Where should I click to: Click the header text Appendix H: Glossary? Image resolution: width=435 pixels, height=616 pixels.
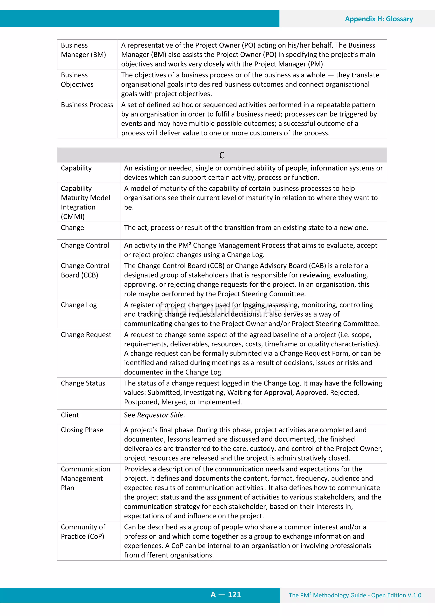379,19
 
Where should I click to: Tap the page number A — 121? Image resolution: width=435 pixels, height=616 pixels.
226,595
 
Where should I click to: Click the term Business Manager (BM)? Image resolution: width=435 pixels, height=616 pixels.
83,50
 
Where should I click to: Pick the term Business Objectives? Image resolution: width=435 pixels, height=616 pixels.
77,80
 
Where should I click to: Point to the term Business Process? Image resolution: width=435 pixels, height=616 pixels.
87,105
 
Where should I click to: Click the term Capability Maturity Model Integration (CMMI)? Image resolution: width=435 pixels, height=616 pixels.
85,202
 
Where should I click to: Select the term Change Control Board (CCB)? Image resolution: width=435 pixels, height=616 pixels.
85,270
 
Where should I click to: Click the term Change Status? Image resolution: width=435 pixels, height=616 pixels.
83,383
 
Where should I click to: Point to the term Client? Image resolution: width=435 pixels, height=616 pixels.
70,415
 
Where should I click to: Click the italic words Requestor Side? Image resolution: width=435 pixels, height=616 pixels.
160,415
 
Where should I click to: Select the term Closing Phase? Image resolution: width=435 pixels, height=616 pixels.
82,430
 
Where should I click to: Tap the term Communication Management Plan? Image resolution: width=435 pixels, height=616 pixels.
85,478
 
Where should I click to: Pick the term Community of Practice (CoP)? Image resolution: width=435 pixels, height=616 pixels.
83,532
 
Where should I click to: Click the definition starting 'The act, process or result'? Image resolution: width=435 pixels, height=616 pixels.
246,228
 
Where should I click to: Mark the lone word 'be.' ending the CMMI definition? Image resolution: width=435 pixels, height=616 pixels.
129,207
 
